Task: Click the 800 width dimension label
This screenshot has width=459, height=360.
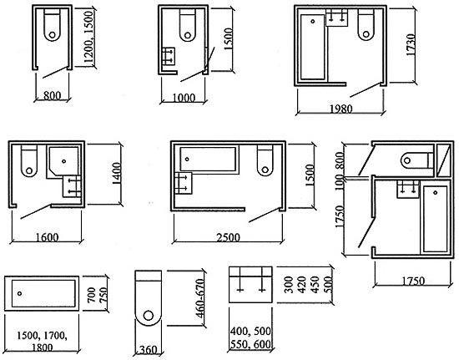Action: click(x=52, y=95)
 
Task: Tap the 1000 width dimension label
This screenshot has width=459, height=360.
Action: click(x=184, y=98)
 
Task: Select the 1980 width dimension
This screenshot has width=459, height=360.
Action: click(x=341, y=109)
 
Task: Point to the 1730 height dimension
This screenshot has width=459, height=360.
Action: click(x=411, y=44)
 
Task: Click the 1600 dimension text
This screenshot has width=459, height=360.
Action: click(x=47, y=237)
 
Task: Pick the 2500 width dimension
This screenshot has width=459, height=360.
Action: click(x=229, y=237)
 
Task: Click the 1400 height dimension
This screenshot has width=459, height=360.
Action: click(x=116, y=174)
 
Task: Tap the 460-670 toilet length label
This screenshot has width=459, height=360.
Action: click(x=200, y=298)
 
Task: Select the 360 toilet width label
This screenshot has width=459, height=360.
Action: click(x=149, y=350)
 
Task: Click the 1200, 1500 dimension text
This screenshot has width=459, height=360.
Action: click(x=88, y=38)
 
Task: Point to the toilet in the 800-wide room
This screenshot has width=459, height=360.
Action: click(x=52, y=24)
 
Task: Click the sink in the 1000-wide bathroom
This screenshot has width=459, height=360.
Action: click(x=169, y=56)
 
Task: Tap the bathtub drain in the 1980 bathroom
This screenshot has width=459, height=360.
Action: click(x=313, y=22)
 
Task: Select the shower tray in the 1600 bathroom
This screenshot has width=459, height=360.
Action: click(x=63, y=163)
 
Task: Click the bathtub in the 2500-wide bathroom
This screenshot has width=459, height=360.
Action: click(x=209, y=159)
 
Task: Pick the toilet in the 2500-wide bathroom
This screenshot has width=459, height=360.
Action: click(x=265, y=160)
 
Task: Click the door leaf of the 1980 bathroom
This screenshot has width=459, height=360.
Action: click(x=365, y=89)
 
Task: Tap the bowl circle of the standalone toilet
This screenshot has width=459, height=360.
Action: click(x=149, y=316)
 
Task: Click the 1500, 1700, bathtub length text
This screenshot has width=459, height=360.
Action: click(x=42, y=336)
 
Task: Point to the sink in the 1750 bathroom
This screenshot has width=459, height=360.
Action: click(x=408, y=190)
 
